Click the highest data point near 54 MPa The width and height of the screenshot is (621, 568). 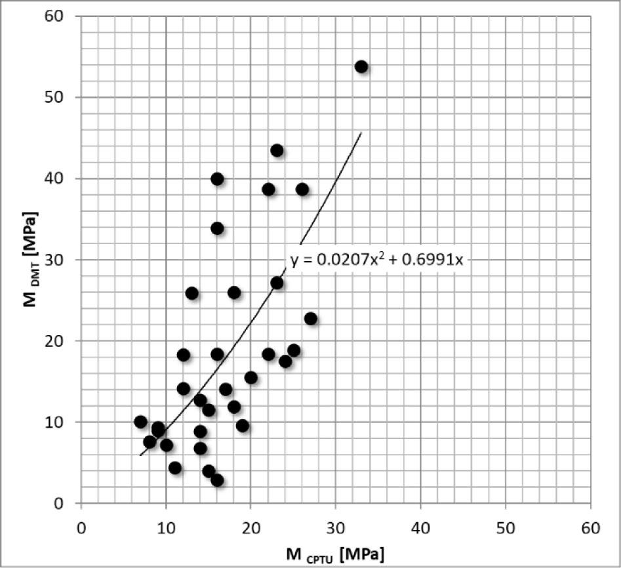point(361,66)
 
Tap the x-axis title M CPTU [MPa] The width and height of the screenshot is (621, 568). point(334,554)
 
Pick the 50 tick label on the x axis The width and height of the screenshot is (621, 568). point(506,527)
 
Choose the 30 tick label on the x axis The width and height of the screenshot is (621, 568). point(336,527)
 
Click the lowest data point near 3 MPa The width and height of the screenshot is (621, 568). point(217,480)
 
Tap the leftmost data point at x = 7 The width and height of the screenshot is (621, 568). point(140,421)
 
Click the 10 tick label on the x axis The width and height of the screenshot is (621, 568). point(166,527)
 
